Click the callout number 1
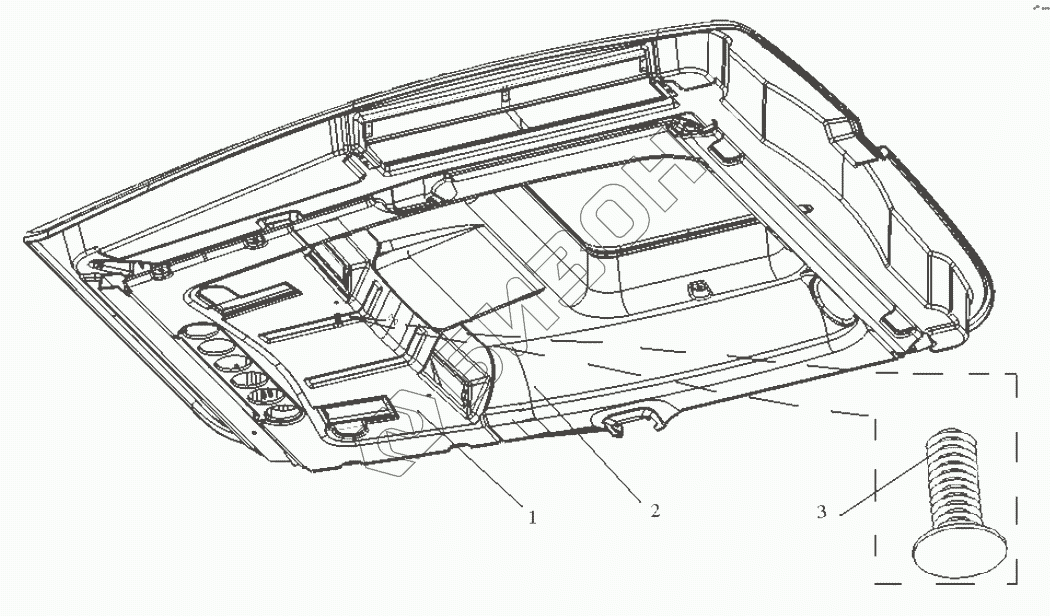(532, 518)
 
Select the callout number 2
(655, 511)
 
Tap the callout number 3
(821, 512)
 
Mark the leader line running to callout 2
(590, 440)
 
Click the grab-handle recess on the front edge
(633, 417)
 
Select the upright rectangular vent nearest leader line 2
(461, 375)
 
